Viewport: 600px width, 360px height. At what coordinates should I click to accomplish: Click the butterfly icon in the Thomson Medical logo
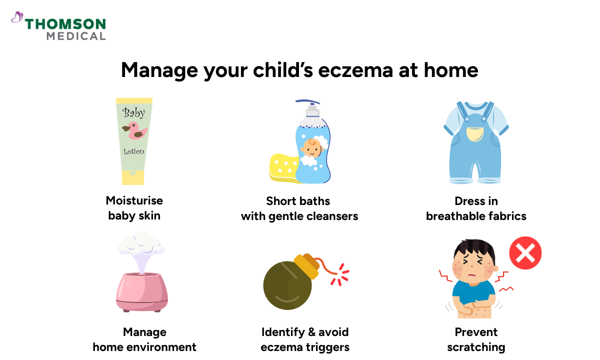click(17, 18)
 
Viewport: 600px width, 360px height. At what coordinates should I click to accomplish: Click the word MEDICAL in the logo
click(76, 36)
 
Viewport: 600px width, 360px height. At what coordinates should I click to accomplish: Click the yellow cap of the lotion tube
click(133, 177)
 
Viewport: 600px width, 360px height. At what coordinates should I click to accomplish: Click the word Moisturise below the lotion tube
click(134, 200)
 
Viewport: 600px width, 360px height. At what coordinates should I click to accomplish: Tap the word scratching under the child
click(476, 347)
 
